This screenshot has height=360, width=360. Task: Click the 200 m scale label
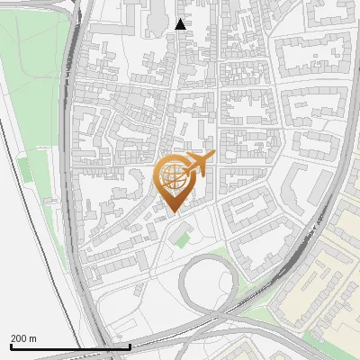[x=23, y=337]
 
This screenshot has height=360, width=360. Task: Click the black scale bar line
[x=70, y=346]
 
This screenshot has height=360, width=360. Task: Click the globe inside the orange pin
[x=174, y=176]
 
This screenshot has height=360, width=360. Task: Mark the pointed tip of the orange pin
[x=174, y=211]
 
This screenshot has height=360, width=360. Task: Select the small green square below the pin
[x=183, y=239]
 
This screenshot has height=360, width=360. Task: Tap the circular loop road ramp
[x=210, y=280]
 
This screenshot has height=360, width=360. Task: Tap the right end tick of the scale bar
[x=130, y=346]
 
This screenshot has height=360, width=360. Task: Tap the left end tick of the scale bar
[x=10, y=346]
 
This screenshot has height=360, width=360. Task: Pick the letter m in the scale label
[x=33, y=337]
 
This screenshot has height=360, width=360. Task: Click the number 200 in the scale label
[x=19, y=337]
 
